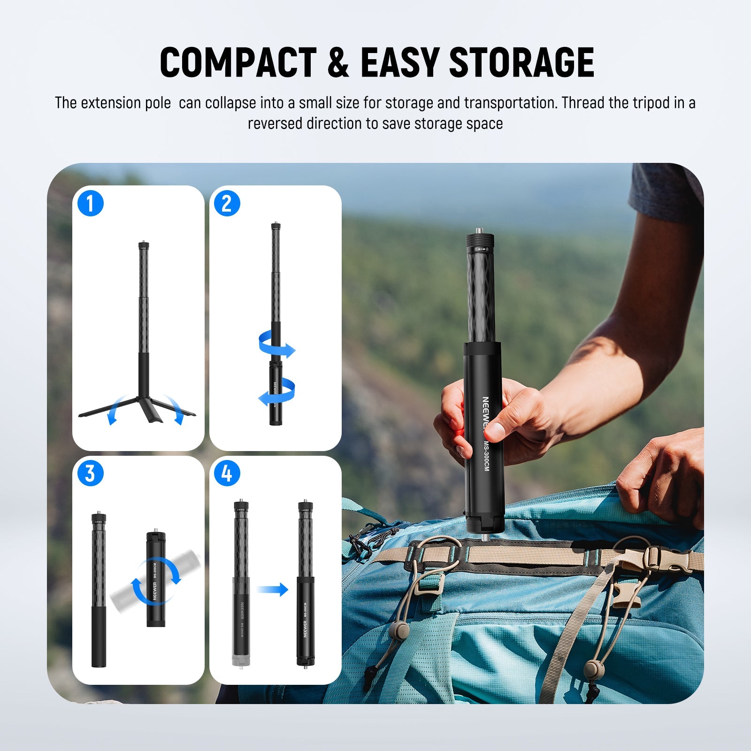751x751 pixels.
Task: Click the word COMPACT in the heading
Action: (x=238, y=62)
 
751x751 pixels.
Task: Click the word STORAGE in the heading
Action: (x=522, y=62)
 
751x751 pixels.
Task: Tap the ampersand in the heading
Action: (x=338, y=62)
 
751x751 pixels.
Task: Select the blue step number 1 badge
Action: (x=90, y=203)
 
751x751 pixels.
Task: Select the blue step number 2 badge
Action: (x=227, y=203)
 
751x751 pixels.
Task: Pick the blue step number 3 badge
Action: (x=90, y=473)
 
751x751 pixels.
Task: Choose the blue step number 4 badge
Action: (x=227, y=473)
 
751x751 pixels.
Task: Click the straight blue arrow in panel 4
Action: (x=272, y=589)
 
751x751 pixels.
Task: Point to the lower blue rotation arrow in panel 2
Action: (x=277, y=392)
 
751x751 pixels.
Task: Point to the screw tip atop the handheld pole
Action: (x=480, y=230)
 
